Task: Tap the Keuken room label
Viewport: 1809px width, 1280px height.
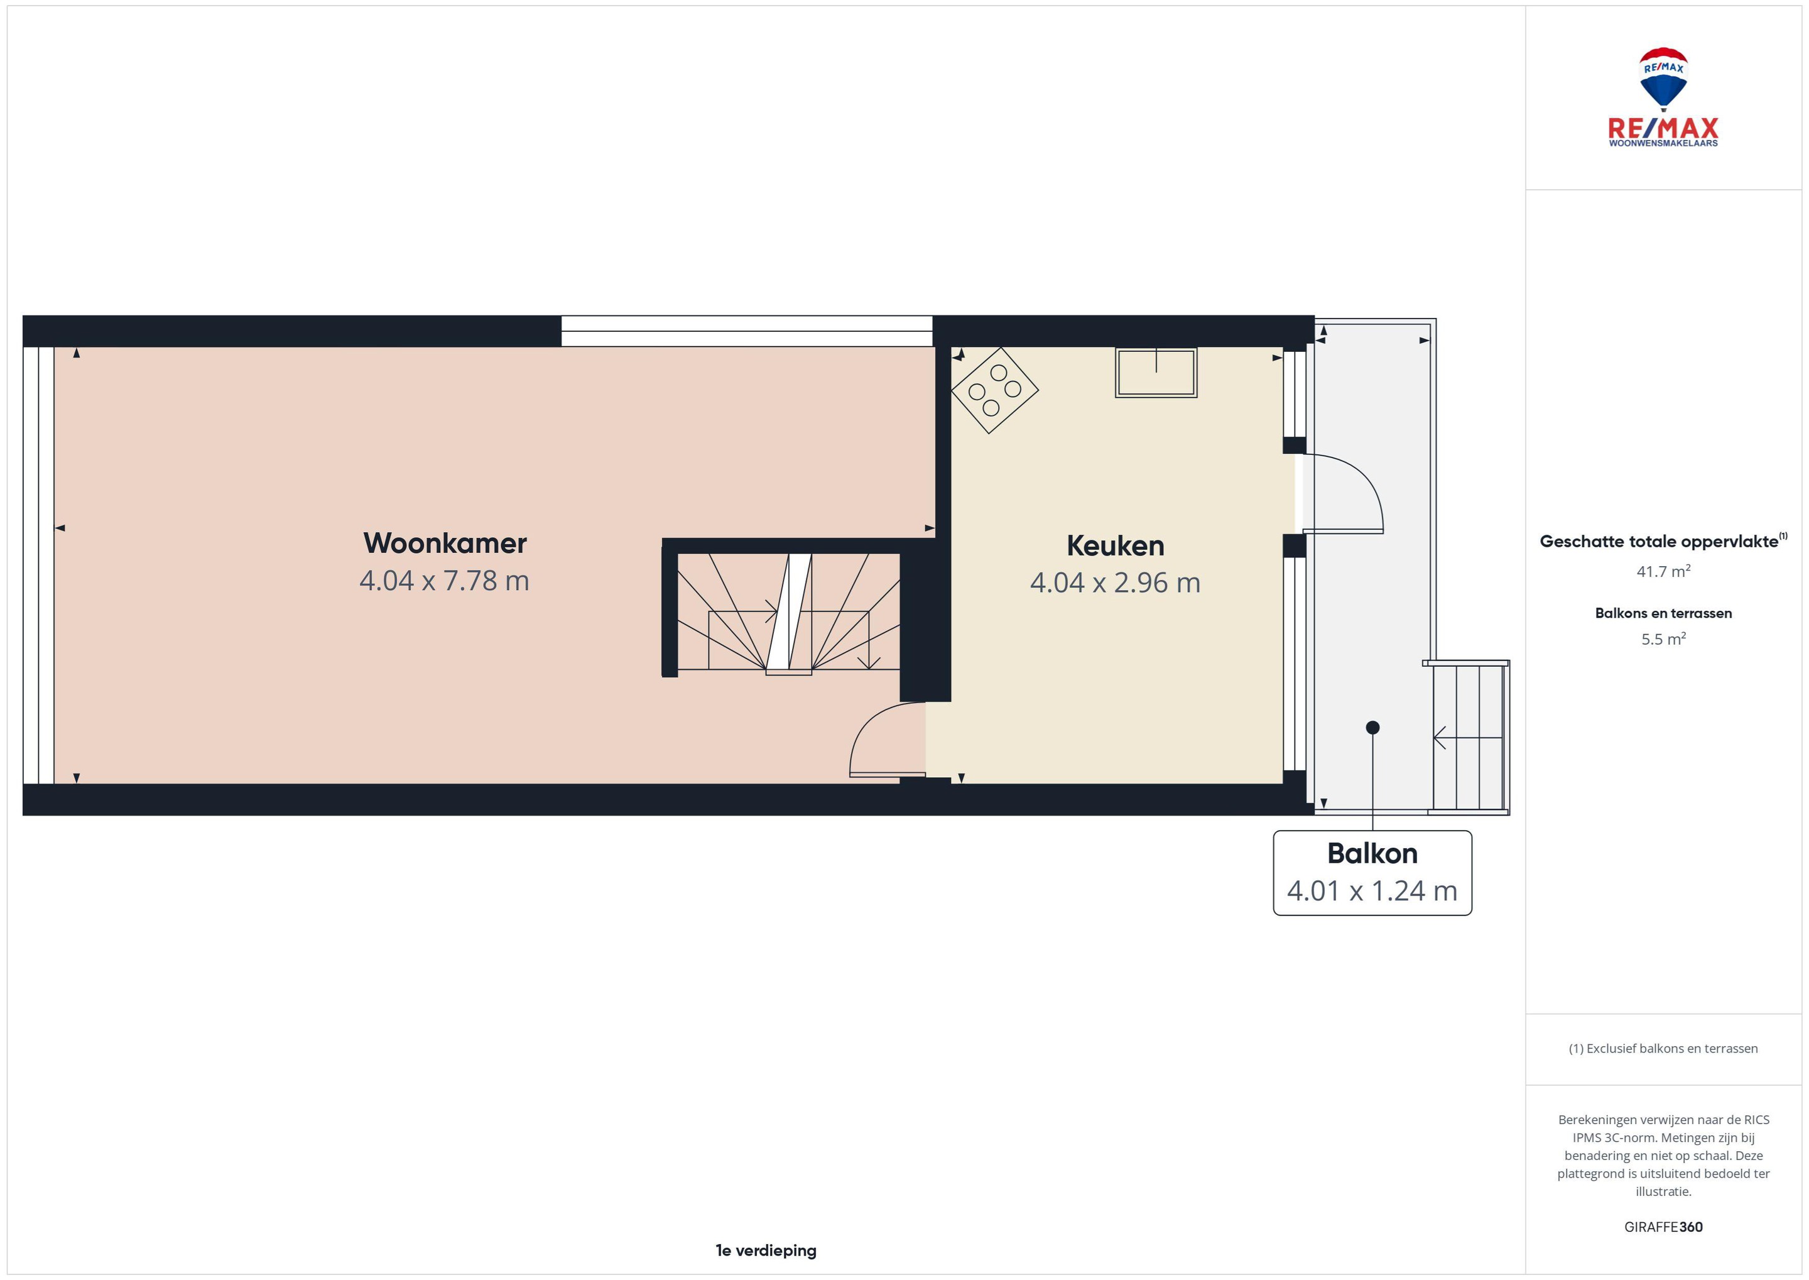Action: tap(1115, 545)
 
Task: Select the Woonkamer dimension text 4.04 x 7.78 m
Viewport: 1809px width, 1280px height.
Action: tap(444, 581)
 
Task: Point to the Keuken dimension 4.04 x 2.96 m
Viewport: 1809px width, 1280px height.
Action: tap(1115, 583)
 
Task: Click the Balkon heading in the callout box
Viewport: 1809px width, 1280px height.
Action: tap(1372, 853)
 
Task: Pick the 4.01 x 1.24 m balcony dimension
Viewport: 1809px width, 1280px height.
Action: tap(1372, 890)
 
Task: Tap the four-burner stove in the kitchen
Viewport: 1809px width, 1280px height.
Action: tap(994, 390)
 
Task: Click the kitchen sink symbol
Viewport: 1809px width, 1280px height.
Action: tap(1156, 372)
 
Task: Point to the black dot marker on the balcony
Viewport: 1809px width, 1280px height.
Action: tap(1372, 728)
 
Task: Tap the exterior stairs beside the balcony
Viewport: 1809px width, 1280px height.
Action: tap(1468, 737)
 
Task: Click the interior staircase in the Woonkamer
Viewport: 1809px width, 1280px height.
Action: tap(788, 613)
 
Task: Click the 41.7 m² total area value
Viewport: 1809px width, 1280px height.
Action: tap(1663, 571)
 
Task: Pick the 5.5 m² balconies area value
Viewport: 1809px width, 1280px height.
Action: tap(1663, 639)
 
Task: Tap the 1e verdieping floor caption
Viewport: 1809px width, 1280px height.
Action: tap(766, 1250)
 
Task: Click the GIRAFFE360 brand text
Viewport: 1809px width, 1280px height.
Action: tap(1663, 1227)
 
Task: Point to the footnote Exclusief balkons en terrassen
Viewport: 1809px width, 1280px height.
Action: tap(1663, 1048)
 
